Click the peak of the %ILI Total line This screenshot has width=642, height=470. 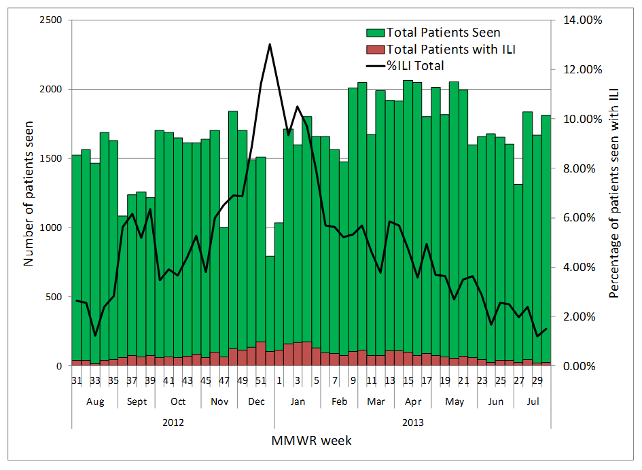pos(270,45)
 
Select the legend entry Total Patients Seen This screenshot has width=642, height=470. pos(442,32)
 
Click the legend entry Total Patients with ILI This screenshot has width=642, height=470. pos(454,49)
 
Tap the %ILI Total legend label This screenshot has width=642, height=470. pos(415,66)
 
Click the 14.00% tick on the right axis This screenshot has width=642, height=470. pos(582,20)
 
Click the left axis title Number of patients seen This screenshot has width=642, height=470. pos(29,193)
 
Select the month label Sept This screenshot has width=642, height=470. pos(137,401)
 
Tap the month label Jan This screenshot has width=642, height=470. pos(297,401)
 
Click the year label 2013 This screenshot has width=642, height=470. pos(412,422)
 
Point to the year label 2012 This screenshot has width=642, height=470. pos(173,422)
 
